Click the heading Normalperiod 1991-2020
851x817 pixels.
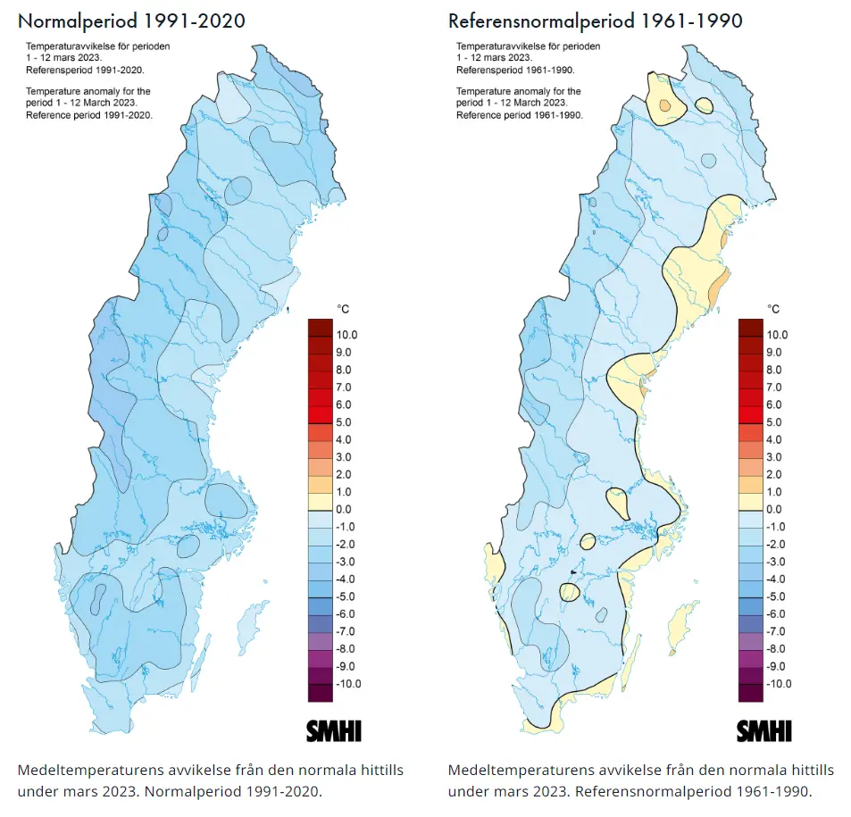coord(131,21)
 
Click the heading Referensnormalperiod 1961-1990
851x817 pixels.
coord(596,21)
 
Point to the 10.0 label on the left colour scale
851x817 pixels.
coord(346,335)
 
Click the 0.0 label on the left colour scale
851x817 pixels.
coord(344,510)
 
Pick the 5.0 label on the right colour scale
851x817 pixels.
coord(773,422)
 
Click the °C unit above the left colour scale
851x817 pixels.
coord(343,309)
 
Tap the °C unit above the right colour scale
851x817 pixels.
coord(773,309)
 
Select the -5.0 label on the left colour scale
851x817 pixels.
coord(346,596)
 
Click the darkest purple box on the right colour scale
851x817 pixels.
coord(751,692)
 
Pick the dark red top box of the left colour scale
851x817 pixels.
coord(321,327)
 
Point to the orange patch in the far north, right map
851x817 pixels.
coord(663,106)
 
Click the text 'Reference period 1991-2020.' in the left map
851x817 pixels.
coord(89,115)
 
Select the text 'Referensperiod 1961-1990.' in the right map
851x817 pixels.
coord(515,70)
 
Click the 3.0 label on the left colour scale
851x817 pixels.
coord(344,457)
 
